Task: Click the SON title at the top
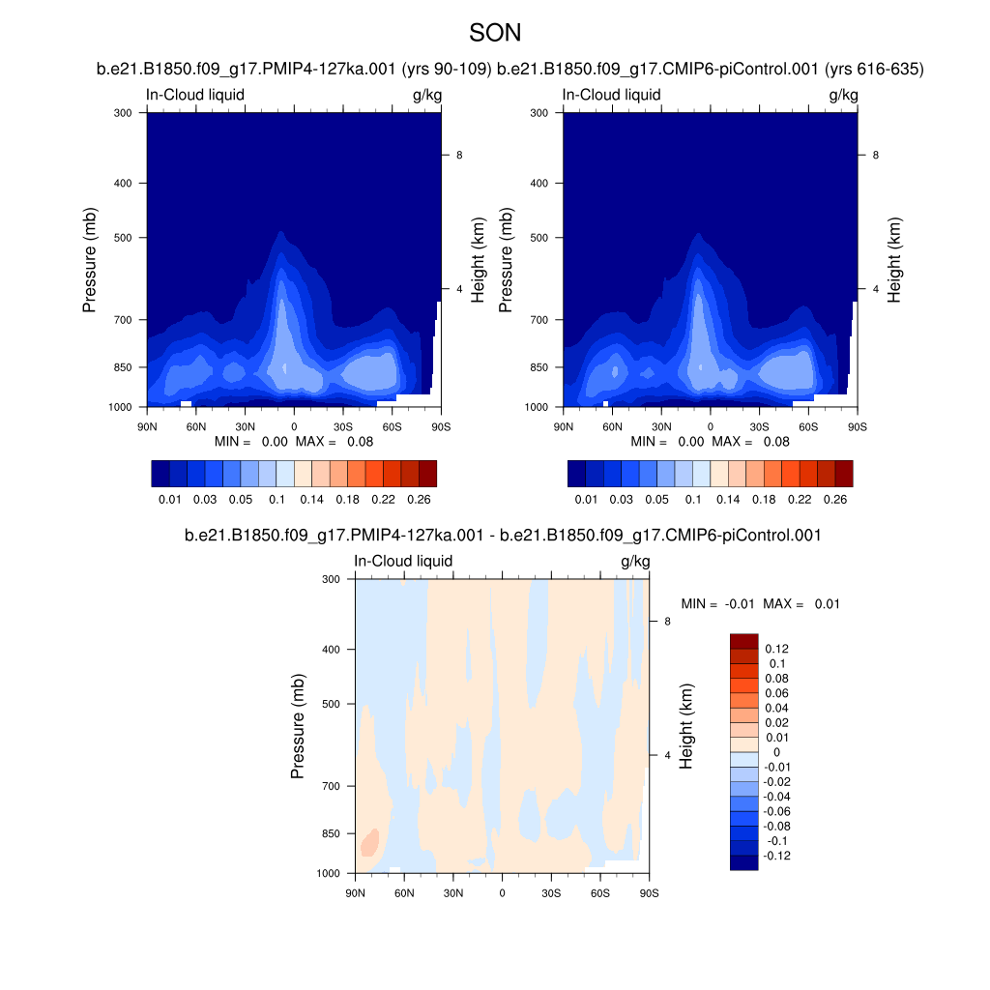tap(495, 33)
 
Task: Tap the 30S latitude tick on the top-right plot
tap(759, 426)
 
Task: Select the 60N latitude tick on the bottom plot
tap(404, 892)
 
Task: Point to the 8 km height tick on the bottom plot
tap(667, 621)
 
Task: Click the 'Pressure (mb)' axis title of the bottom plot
tap(298, 726)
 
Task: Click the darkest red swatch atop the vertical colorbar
tap(743, 641)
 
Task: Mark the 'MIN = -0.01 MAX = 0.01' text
tap(760, 603)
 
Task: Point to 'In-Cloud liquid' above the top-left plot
tap(194, 95)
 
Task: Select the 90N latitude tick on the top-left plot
tap(147, 426)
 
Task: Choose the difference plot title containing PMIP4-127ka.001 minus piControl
tap(502, 535)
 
